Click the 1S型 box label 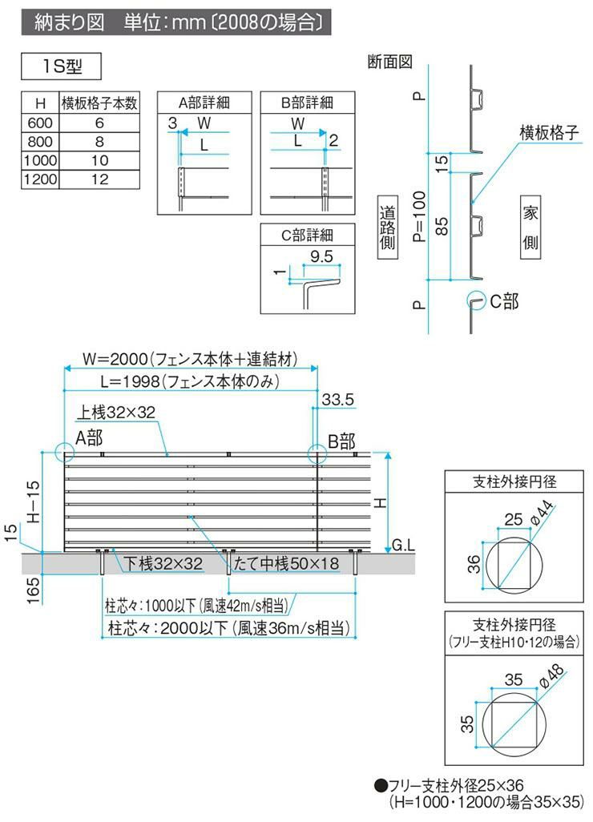pos(63,67)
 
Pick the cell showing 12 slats pos(100,179)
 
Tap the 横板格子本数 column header pos(100,103)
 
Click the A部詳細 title pos(204,103)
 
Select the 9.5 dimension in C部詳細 pos(322,257)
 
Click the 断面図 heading pos(390,61)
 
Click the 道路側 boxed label pos(388,228)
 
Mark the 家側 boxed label pos(530,228)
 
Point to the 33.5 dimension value pos(337,400)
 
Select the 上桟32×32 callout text pos(117,412)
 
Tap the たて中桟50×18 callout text pos(284,564)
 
